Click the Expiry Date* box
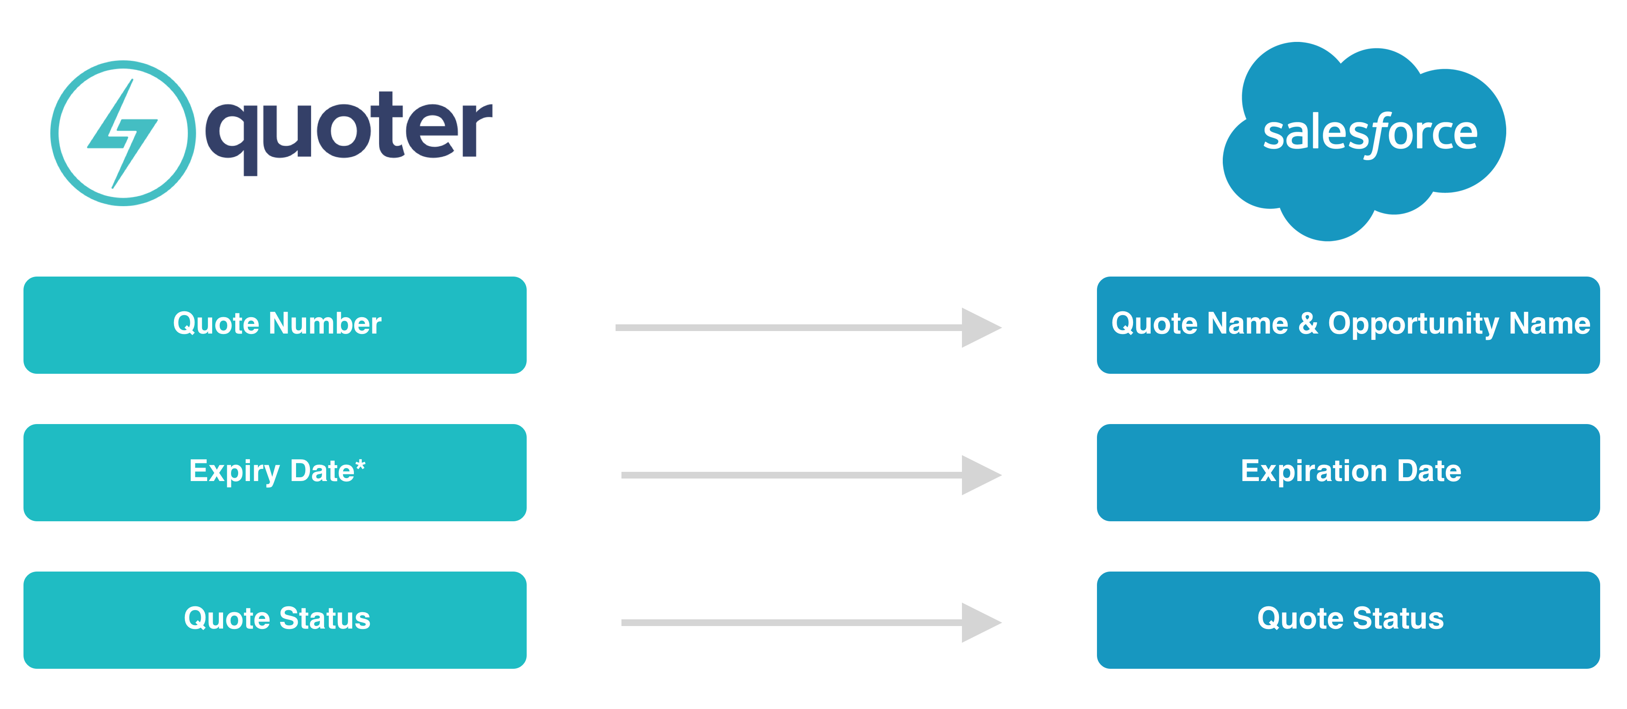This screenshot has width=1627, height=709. pos(275,472)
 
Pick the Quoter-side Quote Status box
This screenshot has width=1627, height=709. pos(275,620)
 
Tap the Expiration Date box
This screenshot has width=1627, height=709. pos(1349,472)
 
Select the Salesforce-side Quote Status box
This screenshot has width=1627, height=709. pos(1349,620)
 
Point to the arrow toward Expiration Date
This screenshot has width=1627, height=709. pos(811,475)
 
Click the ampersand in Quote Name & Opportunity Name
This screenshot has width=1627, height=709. pos(1308,323)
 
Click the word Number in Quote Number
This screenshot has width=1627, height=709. pos(325,323)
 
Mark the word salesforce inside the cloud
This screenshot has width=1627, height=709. pos(1370,134)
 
